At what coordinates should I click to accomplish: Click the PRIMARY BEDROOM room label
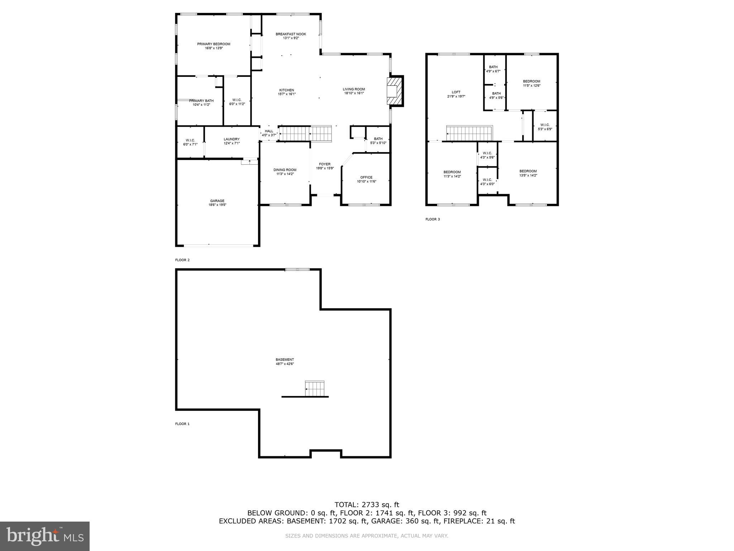pyautogui.click(x=214, y=44)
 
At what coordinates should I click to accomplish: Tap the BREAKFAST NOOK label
pyautogui.click(x=291, y=34)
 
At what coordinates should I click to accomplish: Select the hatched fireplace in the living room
pyautogui.click(x=394, y=91)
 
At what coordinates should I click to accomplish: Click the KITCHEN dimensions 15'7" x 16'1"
pyautogui.click(x=287, y=94)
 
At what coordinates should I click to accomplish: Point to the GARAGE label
pyautogui.click(x=217, y=201)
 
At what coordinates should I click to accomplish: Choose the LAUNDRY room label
pyautogui.click(x=232, y=139)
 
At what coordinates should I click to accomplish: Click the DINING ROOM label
pyautogui.click(x=285, y=170)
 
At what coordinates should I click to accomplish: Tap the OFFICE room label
pyautogui.click(x=366, y=177)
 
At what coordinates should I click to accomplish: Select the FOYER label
pyautogui.click(x=325, y=164)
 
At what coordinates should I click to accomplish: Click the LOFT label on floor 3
pyautogui.click(x=456, y=92)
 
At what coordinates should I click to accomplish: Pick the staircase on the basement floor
pyautogui.click(x=315, y=388)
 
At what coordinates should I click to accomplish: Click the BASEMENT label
pyautogui.click(x=285, y=359)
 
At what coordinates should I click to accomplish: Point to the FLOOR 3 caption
pyautogui.click(x=433, y=219)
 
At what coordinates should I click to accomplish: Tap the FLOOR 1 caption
pyautogui.click(x=182, y=424)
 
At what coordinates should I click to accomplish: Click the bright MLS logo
pyautogui.click(x=45, y=536)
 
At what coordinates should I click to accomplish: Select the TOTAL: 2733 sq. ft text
pyautogui.click(x=367, y=505)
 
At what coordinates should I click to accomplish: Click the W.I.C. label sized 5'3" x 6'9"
pyautogui.click(x=545, y=125)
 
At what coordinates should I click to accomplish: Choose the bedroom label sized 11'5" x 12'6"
pyautogui.click(x=532, y=81)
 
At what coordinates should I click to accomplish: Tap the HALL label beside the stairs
pyautogui.click(x=269, y=131)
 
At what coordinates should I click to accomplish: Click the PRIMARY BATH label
pyautogui.click(x=201, y=101)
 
